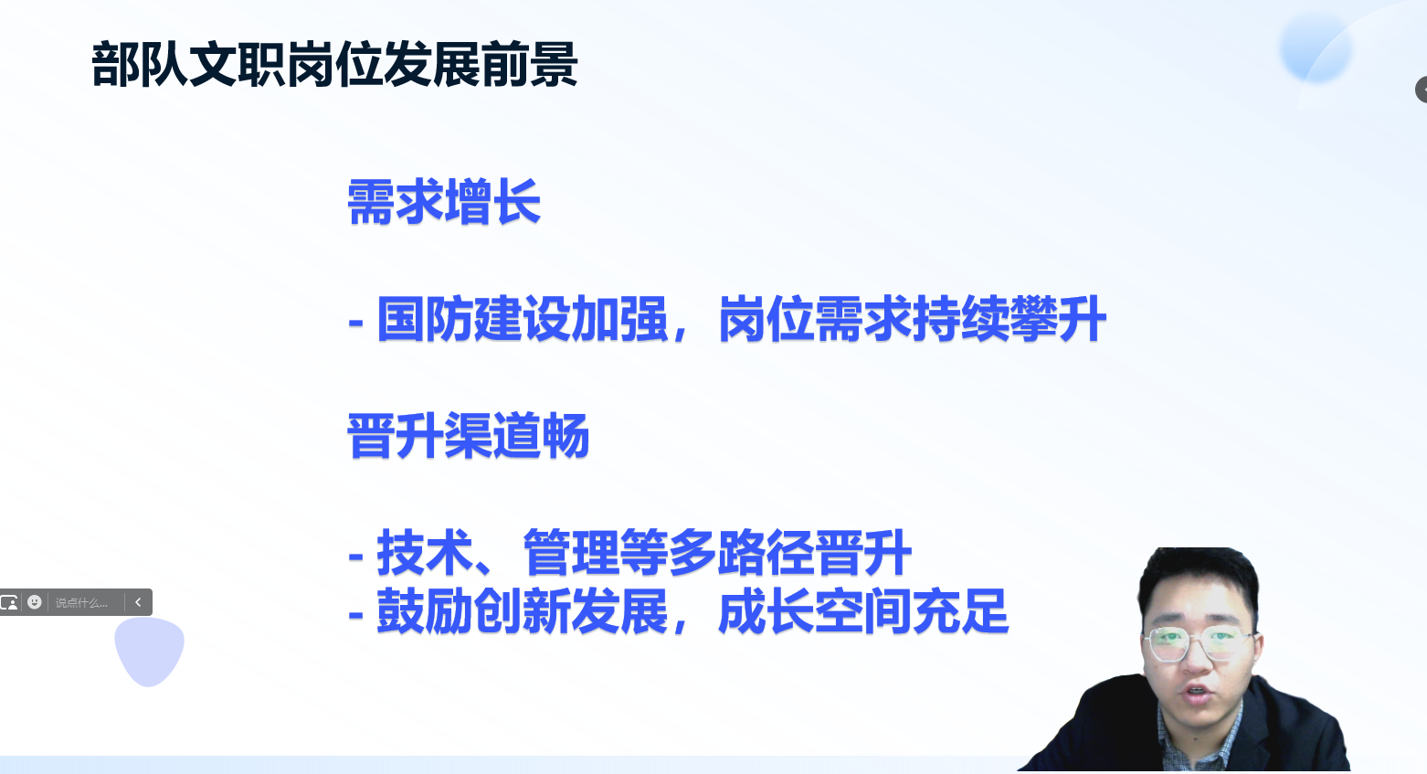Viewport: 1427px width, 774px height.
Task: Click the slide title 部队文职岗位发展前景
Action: (x=334, y=64)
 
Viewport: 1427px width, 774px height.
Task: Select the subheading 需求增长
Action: (x=444, y=202)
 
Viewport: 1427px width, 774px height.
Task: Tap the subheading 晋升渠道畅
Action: (x=469, y=436)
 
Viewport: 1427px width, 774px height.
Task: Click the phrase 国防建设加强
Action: (x=523, y=319)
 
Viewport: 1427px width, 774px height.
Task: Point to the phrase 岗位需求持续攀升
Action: (x=913, y=319)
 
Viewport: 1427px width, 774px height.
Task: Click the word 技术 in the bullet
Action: (x=425, y=552)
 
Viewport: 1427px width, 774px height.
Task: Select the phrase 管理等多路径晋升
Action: (x=717, y=552)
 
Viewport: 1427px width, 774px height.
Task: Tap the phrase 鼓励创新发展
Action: (x=523, y=611)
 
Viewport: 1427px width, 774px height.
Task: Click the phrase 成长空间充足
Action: (x=863, y=611)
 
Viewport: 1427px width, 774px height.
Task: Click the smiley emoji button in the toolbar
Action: (x=35, y=602)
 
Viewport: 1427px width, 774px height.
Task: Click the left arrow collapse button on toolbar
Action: (x=138, y=602)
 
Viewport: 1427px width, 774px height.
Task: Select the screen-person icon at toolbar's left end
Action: (x=9, y=602)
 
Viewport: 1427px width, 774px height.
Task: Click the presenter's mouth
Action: (x=1197, y=693)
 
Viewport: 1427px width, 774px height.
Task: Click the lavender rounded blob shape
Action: (x=149, y=651)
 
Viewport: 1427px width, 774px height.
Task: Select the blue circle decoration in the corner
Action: (x=1316, y=48)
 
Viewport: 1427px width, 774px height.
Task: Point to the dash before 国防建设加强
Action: (x=356, y=323)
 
